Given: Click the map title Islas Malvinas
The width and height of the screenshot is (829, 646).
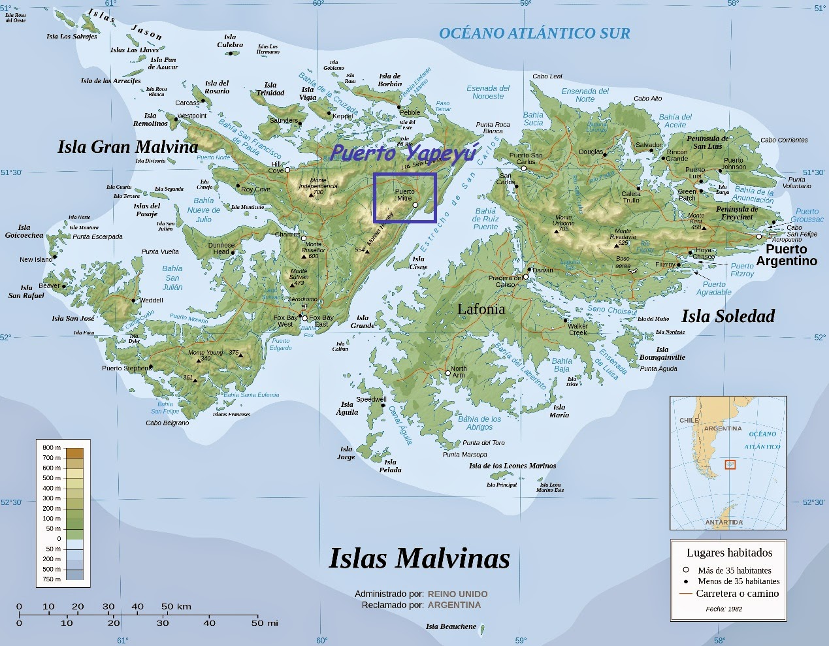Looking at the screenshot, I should coord(419,558).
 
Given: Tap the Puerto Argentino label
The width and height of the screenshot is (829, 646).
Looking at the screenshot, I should coord(786,255).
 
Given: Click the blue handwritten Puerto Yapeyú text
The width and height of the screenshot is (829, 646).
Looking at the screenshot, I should coord(404,153).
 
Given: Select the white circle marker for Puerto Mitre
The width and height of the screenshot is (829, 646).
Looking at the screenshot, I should coord(415,205).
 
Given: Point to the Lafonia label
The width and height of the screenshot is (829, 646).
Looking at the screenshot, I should coord(481,310).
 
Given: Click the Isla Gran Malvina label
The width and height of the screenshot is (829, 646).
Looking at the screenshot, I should coord(127,147).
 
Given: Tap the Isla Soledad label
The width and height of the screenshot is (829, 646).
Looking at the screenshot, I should coord(728,316).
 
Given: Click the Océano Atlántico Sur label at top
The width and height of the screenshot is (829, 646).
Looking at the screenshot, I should coord(534,33).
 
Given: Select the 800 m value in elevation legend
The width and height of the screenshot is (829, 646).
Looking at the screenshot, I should coord(52,447).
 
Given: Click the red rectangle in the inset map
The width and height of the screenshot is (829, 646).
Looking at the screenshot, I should coord(730,464).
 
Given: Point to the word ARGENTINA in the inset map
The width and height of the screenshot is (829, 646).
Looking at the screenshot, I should coord(723,428).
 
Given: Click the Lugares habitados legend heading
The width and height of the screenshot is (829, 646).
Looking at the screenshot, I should coord(729,553).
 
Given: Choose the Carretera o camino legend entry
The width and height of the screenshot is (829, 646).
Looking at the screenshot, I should coord(737,594).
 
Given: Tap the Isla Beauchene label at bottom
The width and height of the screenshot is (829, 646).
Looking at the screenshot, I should coord(451,626).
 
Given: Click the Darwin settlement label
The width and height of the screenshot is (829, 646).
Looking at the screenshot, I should coord(542,270).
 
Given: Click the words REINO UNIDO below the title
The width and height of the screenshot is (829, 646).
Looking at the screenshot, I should coord(457,594).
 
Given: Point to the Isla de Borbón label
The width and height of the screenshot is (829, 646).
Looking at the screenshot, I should coord(390,80).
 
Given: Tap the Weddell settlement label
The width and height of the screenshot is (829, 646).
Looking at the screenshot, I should coord(151,300).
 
